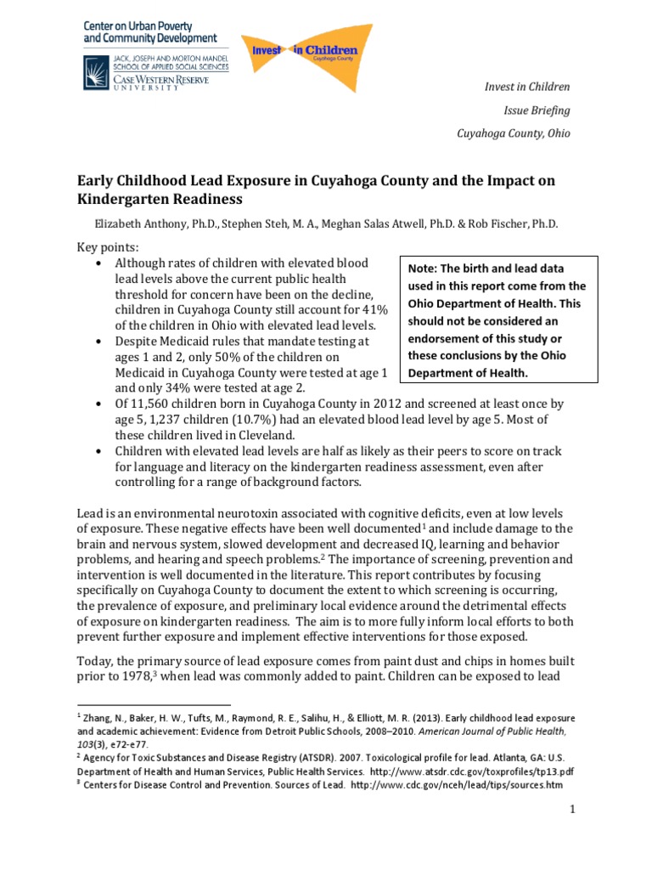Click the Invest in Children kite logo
pos(301,54)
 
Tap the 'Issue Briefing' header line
pos(537,110)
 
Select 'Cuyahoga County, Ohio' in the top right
pos(514,133)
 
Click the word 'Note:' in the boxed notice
pos(424,268)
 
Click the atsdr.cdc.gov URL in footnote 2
pos(468,771)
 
